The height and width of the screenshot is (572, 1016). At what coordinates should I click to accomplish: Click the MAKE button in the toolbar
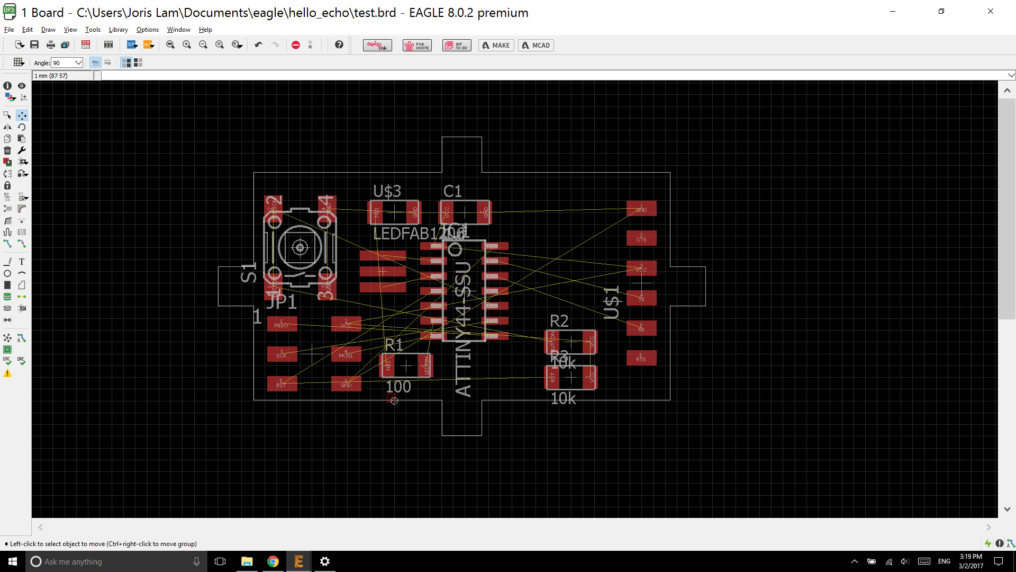click(x=496, y=46)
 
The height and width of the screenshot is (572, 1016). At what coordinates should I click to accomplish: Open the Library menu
click(x=118, y=30)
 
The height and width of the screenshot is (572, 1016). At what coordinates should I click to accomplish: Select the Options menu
click(x=147, y=30)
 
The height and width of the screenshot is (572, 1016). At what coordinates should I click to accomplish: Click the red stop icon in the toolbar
click(x=296, y=46)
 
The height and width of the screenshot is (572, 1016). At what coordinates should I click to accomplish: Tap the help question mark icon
click(x=339, y=45)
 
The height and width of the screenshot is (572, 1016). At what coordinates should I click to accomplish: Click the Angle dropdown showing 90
click(x=67, y=62)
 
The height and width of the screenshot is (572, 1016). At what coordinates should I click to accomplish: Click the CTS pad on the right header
click(x=641, y=238)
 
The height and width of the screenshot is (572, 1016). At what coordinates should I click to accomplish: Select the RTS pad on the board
click(x=641, y=358)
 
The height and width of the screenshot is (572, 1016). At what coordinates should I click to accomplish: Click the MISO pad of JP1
click(x=282, y=324)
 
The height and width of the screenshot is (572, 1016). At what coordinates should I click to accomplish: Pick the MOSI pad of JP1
click(x=346, y=354)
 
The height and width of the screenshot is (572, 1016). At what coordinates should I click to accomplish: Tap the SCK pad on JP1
click(x=282, y=354)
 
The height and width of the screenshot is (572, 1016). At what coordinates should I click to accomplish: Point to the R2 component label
click(x=559, y=321)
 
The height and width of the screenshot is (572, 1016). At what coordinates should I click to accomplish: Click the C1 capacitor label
click(x=452, y=191)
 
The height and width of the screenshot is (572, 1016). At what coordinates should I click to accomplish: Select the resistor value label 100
click(x=398, y=387)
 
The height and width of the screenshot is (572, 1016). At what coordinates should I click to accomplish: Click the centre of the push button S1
click(x=300, y=247)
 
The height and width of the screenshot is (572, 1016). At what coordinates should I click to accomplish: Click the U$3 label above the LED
click(x=387, y=191)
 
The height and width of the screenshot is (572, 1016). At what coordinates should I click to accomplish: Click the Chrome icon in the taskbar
click(x=273, y=561)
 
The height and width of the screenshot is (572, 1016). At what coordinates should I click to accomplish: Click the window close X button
click(x=991, y=12)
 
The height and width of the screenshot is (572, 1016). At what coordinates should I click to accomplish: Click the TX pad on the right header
click(x=641, y=298)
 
